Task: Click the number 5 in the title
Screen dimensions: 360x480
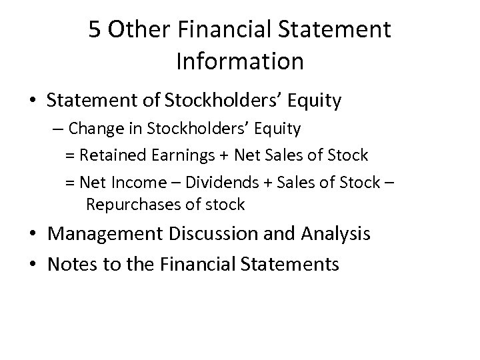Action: pos(95,30)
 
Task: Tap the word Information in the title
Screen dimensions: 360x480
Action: pos(240,61)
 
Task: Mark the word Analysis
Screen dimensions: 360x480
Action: pos(333,235)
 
